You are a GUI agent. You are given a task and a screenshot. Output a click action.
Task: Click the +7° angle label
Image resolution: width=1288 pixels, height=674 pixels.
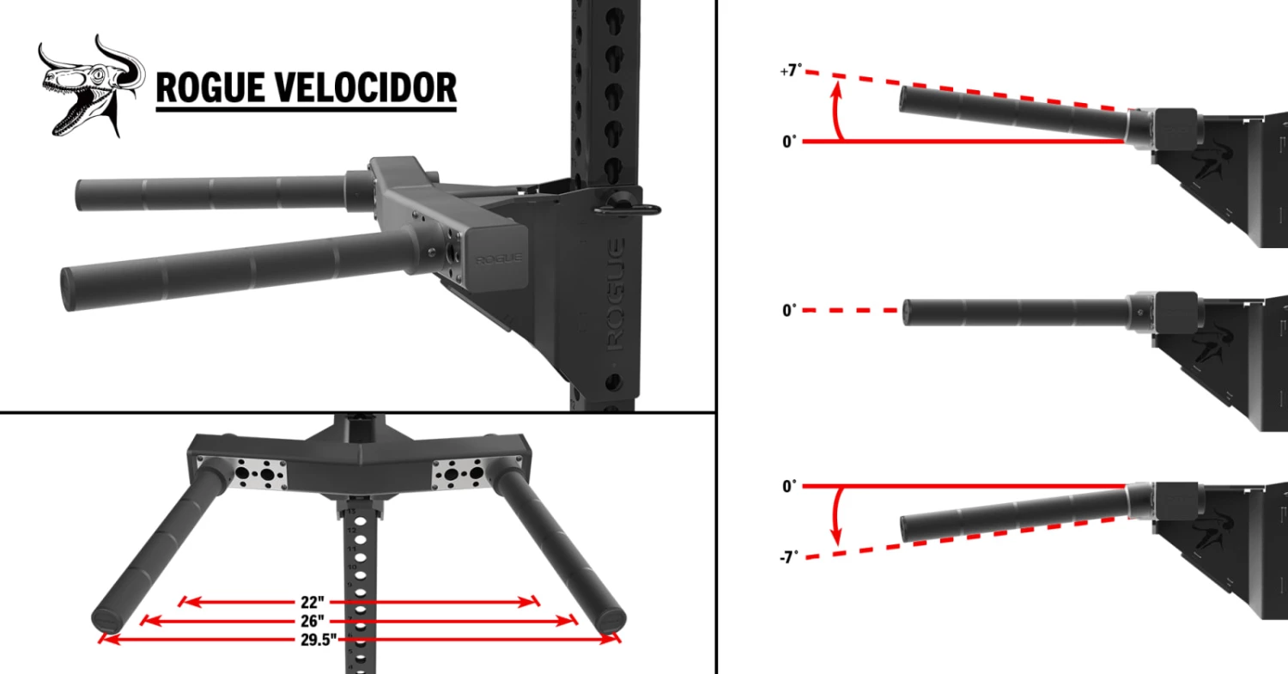coord(790,71)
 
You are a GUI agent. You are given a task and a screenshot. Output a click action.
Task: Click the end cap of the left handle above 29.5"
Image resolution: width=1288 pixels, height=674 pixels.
coord(108,621)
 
